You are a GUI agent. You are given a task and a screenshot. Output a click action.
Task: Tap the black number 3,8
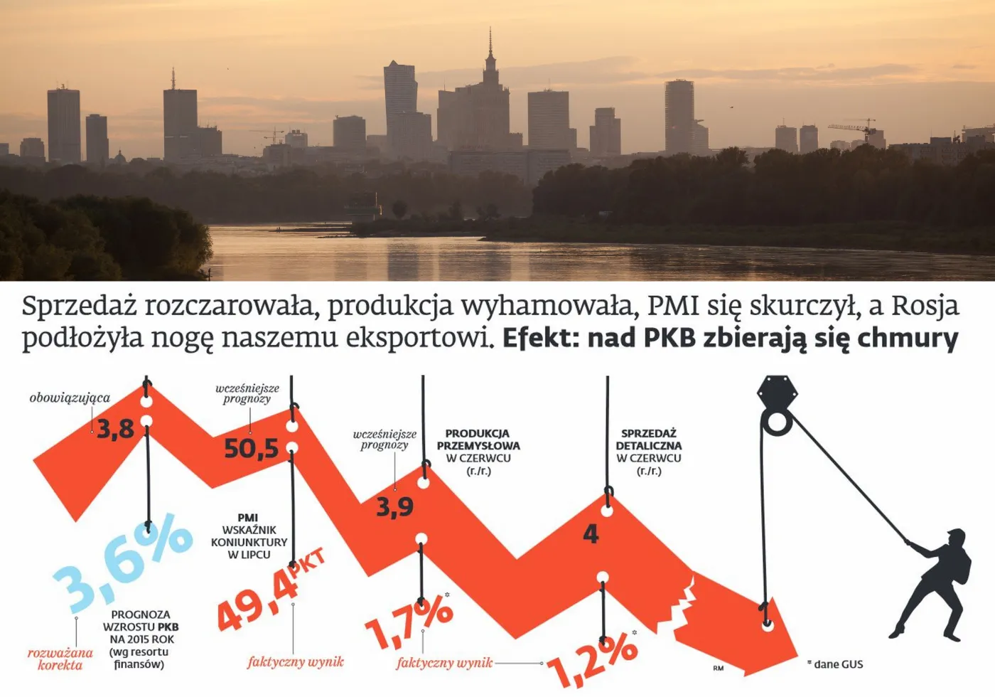tap(115, 430)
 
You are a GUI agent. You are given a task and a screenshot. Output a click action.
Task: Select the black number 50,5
tap(251, 449)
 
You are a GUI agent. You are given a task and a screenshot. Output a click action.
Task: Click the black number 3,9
tap(394, 507)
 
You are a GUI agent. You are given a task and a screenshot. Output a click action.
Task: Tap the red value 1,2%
tap(592, 657)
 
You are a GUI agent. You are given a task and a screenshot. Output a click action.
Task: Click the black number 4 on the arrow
tap(591, 534)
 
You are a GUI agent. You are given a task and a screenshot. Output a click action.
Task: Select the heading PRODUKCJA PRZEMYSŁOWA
tap(478, 440)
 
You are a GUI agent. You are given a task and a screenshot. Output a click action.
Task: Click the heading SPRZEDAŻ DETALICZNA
tap(648, 440)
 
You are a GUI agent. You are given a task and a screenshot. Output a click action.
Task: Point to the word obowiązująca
tap(70, 398)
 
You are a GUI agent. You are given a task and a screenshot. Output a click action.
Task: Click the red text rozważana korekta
tap(60, 659)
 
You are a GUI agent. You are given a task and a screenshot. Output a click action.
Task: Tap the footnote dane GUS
tap(838, 664)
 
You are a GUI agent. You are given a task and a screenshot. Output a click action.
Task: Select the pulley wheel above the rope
tap(776, 423)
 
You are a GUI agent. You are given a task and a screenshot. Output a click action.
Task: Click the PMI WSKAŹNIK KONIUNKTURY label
tap(249, 536)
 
